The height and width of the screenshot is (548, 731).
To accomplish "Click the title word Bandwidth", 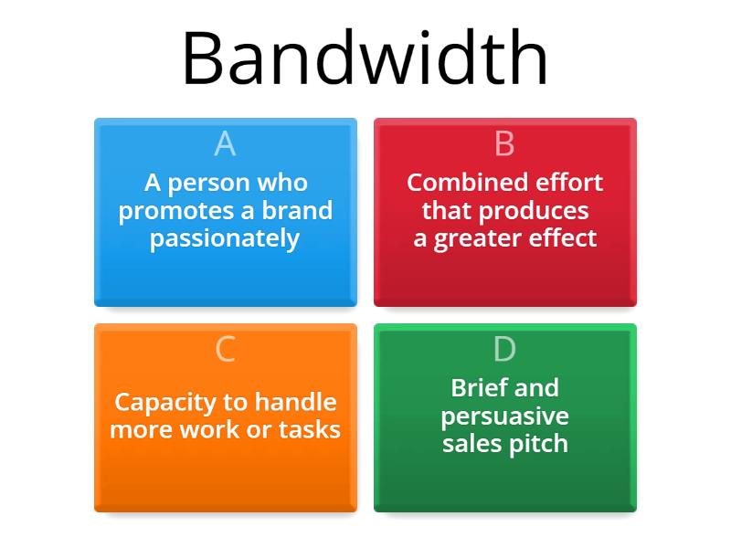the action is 365,58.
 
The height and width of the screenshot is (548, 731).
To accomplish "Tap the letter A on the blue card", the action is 225,143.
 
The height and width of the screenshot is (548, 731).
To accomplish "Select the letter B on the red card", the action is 505,143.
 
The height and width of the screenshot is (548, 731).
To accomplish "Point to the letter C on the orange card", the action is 225,349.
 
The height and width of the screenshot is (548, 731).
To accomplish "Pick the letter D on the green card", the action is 505,349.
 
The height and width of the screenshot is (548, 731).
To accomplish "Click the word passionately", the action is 225,239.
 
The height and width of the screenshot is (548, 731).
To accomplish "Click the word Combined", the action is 468,182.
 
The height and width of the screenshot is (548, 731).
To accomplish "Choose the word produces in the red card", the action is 534,212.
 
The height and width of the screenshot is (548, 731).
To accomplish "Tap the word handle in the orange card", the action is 295,402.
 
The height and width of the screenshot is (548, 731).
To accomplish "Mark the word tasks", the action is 310,429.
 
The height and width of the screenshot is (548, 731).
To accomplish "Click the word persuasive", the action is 505,416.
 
